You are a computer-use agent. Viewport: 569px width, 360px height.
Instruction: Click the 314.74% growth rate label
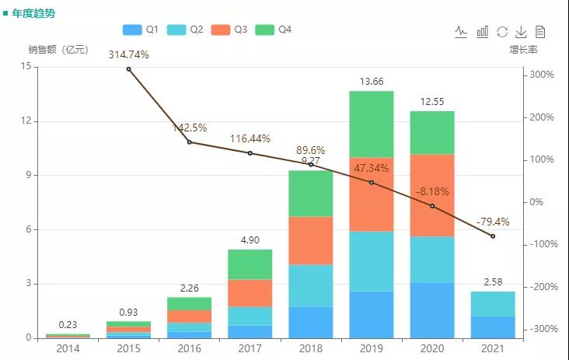128,54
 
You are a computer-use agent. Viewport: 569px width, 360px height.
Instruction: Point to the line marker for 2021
493,236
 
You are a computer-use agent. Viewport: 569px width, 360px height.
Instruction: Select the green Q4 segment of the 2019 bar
372,124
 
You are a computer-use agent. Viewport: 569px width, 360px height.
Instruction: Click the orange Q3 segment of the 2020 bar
432,195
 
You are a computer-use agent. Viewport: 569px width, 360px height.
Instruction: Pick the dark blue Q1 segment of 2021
493,327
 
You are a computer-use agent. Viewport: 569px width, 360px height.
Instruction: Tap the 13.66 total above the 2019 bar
372,82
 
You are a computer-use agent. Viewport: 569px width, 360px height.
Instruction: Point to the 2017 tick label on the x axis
250,348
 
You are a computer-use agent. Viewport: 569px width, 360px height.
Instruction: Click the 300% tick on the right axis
541,75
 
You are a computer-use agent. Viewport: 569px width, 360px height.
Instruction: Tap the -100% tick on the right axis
541,244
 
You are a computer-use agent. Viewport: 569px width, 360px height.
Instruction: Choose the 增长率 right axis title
523,50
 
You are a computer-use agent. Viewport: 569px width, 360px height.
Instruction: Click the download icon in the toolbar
521,31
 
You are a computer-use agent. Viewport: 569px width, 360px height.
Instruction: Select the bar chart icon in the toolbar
483,31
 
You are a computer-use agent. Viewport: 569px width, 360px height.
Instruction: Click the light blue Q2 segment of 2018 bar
310,285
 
